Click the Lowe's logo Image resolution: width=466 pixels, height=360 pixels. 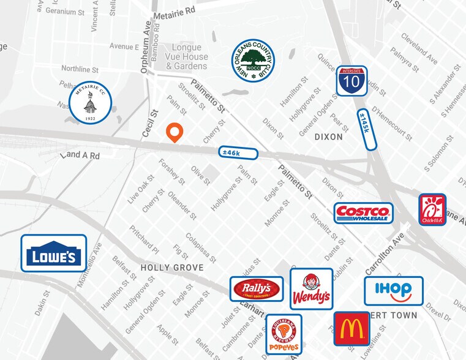pyautogui.click(x=54, y=253)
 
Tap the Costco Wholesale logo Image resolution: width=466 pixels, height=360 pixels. pyautogui.click(x=364, y=212)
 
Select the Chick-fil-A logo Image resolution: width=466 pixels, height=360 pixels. pyautogui.click(x=432, y=210)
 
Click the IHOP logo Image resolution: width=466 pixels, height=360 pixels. pyautogui.click(x=393, y=291)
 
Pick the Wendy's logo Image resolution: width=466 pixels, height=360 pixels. pyautogui.click(x=311, y=289)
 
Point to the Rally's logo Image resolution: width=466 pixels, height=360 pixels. pyautogui.click(x=257, y=288)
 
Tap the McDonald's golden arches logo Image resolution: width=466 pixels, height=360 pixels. pyautogui.click(x=351, y=329)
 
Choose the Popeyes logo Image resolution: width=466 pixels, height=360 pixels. pyautogui.click(x=284, y=334)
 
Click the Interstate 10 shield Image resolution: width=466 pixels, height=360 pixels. pyautogui.click(x=351, y=81)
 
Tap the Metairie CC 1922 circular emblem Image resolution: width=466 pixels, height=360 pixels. pyautogui.click(x=90, y=102)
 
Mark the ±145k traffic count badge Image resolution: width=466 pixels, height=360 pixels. pyautogui.click(x=367, y=129)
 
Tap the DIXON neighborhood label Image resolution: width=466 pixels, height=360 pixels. pyautogui.click(x=328, y=137)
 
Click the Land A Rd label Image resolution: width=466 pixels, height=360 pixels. pyautogui.click(x=80, y=156)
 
